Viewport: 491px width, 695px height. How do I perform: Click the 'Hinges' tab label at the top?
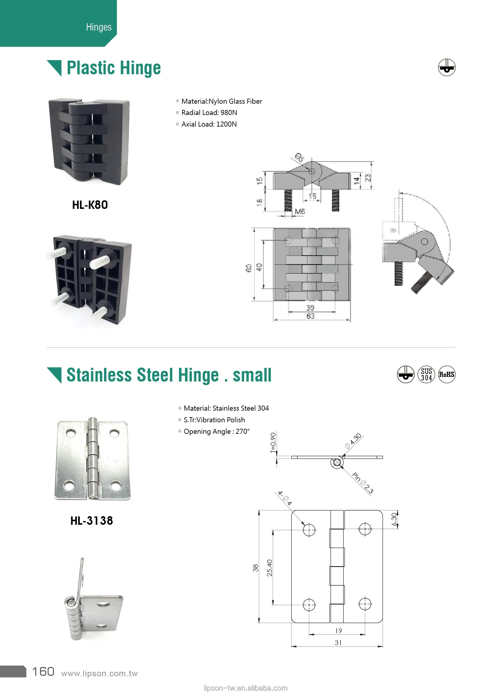pos(99,27)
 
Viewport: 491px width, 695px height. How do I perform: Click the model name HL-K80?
pos(90,205)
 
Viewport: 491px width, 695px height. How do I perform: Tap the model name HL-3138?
pos(91,521)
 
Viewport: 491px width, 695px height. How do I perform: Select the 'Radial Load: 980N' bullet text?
pos(209,113)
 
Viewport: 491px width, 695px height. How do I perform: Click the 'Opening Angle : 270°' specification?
pos(216,431)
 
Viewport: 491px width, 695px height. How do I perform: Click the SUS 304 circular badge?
pos(426,374)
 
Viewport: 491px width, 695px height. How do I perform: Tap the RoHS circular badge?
pos(446,374)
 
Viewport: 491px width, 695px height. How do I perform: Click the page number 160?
pos(43,672)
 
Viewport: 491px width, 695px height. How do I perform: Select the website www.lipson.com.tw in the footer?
pos(99,674)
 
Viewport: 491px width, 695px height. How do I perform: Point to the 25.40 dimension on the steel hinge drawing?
pos(269,568)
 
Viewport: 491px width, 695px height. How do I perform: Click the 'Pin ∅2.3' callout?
pos(363,483)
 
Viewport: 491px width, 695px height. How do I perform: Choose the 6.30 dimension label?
pos(394,519)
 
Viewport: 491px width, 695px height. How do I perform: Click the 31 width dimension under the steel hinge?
pos(338,642)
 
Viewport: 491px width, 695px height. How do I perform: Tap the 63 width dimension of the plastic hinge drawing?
pos(311,316)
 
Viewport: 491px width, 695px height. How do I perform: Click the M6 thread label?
pos(300,211)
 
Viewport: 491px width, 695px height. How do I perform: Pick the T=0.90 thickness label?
pos(273,442)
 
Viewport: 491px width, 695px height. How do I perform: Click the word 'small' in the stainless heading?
pos(252,375)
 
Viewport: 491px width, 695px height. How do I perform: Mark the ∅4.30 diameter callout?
pos(353,441)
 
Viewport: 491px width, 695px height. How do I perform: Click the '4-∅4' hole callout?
pos(285,498)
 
